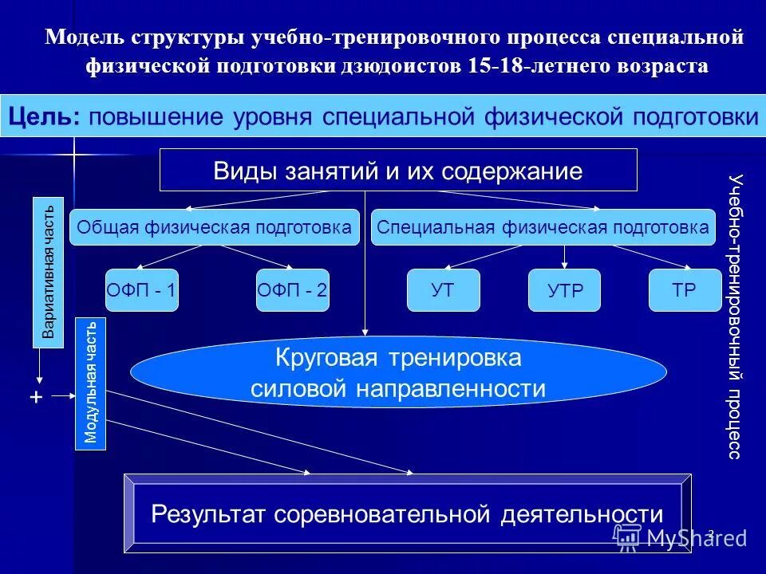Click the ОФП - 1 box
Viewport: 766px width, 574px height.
[x=140, y=290]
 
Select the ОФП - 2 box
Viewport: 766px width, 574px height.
[x=293, y=290]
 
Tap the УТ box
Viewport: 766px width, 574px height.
[x=444, y=290]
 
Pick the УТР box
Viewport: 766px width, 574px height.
[x=565, y=290]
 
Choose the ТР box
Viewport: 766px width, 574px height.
[x=684, y=290]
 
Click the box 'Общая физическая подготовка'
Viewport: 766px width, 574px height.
[x=214, y=227]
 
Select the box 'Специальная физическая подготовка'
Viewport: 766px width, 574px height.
[x=543, y=227]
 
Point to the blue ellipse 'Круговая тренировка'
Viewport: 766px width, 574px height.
[x=398, y=373]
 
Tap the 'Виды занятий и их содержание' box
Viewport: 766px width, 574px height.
[x=398, y=170]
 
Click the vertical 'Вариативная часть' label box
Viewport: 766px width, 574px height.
[x=48, y=273]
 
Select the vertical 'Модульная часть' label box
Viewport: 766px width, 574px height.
[x=90, y=383]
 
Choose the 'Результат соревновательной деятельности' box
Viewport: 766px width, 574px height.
[x=407, y=513]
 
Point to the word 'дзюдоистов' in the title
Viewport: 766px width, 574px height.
[x=408, y=65]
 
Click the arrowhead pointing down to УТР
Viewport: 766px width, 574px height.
[x=565, y=265]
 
